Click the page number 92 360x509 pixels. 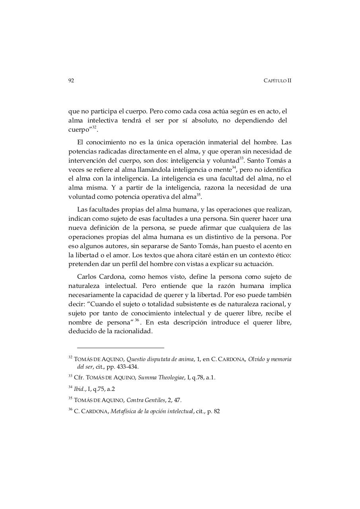[x=71, y=80]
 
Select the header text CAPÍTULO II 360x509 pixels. [x=277, y=80]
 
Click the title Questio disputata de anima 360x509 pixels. [x=160, y=359]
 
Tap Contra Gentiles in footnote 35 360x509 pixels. [x=146, y=400]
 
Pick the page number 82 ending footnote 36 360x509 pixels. [x=216, y=411]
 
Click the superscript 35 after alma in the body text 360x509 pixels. [x=198, y=195]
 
